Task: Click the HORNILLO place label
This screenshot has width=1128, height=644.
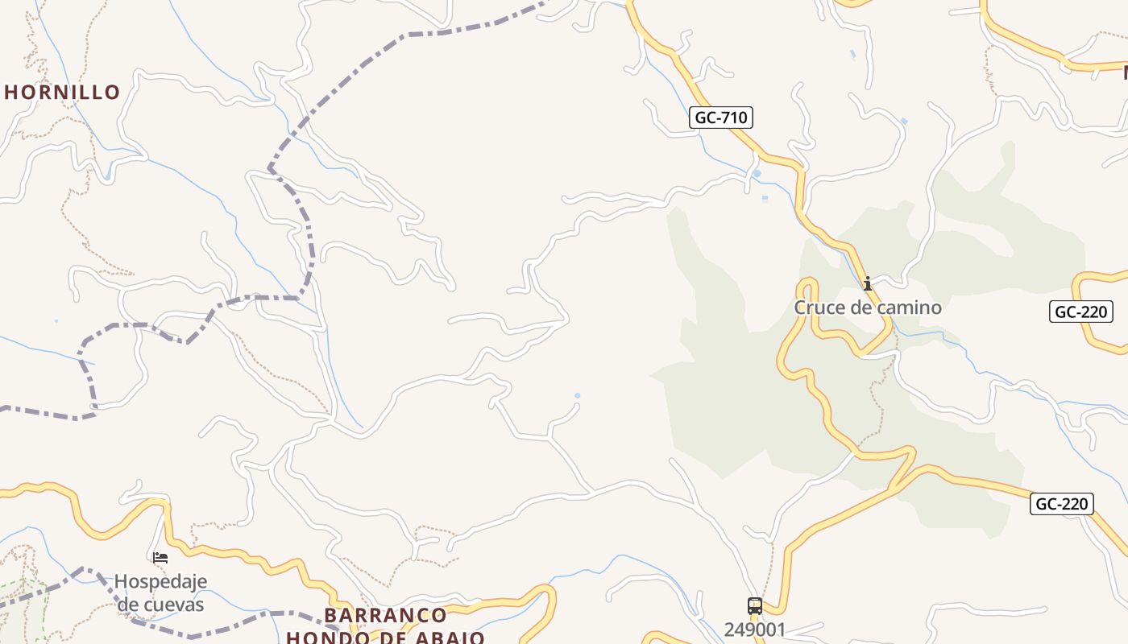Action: [63, 93]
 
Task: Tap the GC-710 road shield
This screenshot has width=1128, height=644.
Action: [721, 118]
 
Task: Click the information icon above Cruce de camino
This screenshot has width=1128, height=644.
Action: [868, 283]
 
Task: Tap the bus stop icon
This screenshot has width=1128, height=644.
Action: [755, 606]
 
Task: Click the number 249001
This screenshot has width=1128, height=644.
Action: [754, 630]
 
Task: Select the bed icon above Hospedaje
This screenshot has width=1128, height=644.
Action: [160, 557]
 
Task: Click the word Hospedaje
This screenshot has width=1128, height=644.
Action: [160, 581]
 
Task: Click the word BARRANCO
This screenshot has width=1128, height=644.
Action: [385, 616]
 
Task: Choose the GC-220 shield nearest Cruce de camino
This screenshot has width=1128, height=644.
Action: [1081, 312]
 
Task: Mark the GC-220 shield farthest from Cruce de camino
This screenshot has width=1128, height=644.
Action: [1062, 505]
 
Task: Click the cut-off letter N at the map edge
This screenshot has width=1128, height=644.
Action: [1124, 73]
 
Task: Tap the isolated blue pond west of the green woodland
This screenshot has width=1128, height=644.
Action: [577, 395]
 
